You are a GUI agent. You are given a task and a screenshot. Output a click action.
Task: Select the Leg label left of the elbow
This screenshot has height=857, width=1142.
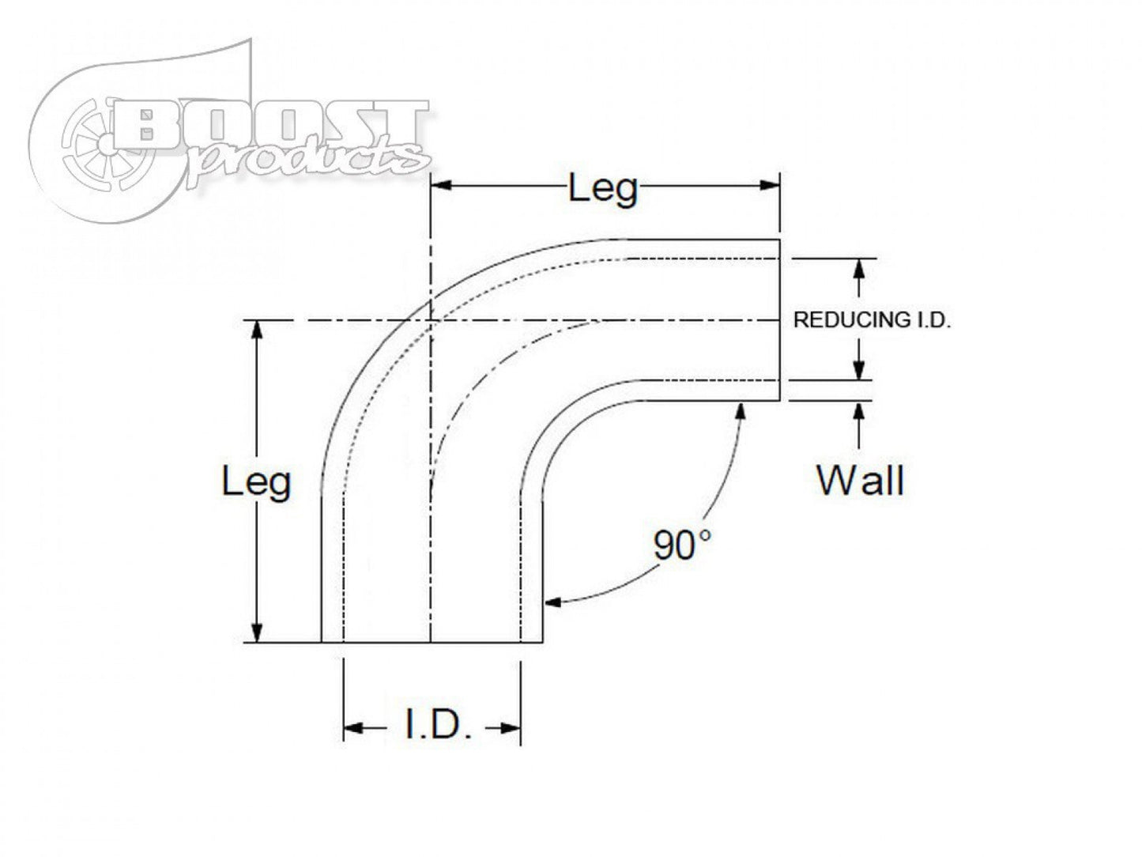256,481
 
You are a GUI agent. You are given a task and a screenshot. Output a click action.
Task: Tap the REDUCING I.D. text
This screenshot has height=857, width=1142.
871,320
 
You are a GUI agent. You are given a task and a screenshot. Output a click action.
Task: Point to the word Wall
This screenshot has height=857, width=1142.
860,480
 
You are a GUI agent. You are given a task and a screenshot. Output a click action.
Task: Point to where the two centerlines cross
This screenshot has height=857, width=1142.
431,320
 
